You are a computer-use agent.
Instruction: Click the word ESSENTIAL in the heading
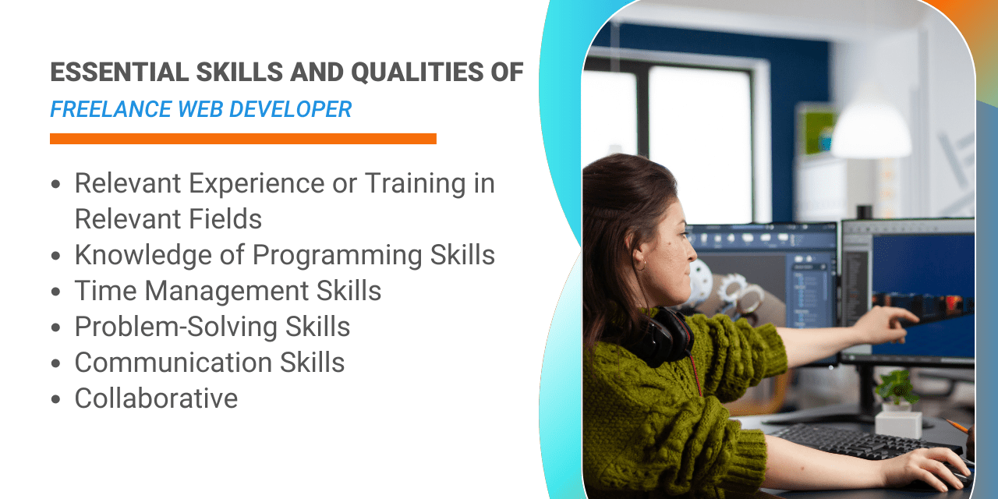120,73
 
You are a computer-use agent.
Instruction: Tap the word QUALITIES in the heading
417,73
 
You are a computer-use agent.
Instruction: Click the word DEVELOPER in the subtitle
291,110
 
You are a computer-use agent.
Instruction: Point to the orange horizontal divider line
243,139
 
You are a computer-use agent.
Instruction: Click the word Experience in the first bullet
257,184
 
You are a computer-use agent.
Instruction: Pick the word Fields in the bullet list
225,219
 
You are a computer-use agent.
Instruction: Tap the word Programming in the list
338,256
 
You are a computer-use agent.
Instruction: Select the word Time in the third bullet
105,291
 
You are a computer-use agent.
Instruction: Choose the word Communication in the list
173,363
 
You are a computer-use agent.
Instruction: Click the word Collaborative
156,398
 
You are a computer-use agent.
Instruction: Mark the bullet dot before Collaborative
55,398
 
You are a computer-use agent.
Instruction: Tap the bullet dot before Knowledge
55,256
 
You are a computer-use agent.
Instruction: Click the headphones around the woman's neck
665,336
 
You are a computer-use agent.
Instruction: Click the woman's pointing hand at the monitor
887,322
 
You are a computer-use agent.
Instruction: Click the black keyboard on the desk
865,441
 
